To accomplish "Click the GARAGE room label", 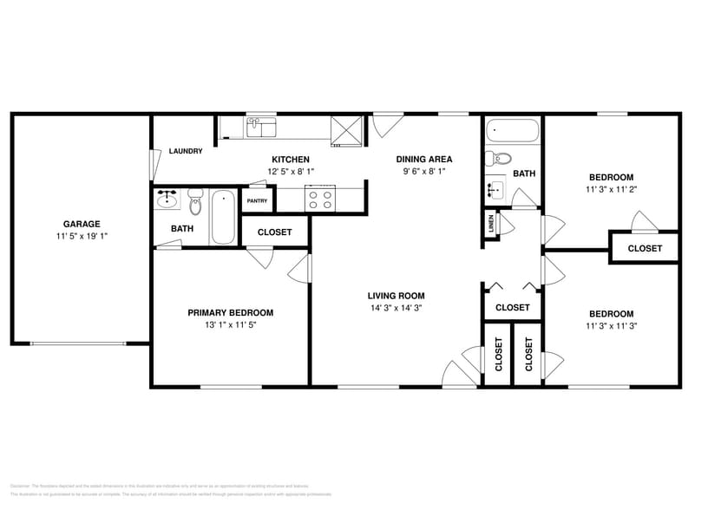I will (82, 224).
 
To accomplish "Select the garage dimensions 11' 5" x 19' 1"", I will (82, 236).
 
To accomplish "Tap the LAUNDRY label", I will (186, 151).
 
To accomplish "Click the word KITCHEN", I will (291, 160).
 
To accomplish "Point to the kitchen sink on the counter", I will (260, 129).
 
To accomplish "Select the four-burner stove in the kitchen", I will (318, 199).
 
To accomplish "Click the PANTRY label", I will (257, 201).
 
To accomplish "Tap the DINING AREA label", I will (424, 159).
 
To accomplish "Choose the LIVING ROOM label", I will (395, 296).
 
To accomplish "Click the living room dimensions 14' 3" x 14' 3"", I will (395, 308).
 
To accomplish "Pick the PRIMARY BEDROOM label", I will (231, 313).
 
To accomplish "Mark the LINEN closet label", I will (491, 225).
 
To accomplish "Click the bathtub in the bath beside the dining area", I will (513, 133).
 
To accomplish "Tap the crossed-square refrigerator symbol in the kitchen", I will (351, 129).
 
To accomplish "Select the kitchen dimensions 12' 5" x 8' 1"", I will (291, 172).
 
